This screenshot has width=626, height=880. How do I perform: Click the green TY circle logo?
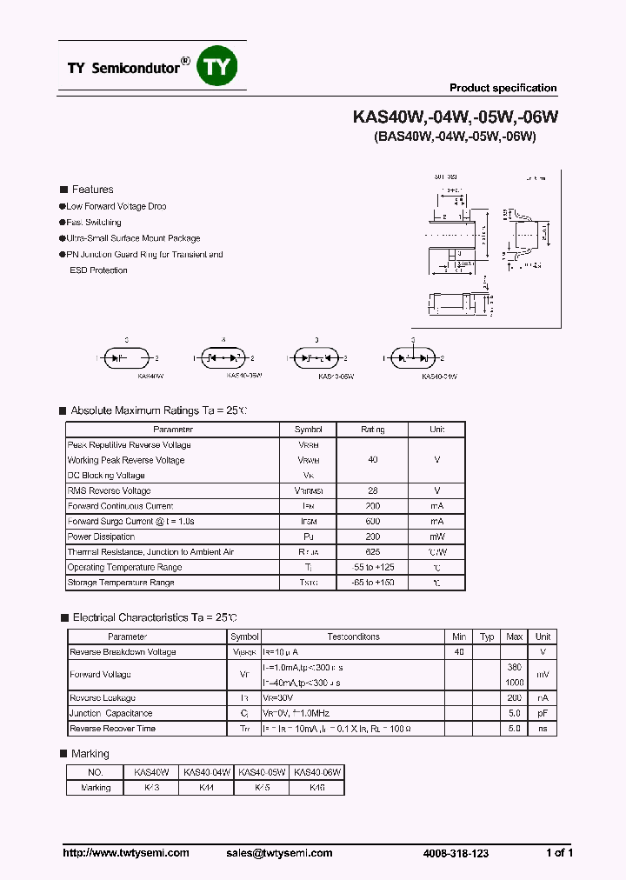(x=217, y=67)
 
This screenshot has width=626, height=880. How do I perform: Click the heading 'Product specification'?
(x=503, y=88)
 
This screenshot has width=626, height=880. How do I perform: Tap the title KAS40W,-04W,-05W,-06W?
(x=455, y=117)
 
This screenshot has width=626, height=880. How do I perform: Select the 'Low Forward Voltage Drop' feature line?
(x=116, y=207)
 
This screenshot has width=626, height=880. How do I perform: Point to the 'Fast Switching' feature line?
(x=93, y=223)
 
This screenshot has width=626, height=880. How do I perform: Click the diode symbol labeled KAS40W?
(x=127, y=357)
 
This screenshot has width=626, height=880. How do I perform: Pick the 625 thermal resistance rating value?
(x=373, y=552)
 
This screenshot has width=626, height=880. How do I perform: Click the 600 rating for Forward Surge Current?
(x=373, y=521)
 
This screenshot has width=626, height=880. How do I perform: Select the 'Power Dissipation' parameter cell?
(x=97, y=537)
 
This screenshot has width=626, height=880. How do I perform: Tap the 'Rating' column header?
(x=373, y=430)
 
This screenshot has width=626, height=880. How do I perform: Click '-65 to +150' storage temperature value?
(x=373, y=583)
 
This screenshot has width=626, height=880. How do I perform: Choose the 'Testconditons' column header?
(x=353, y=637)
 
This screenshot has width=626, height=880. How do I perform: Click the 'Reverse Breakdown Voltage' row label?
(x=123, y=652)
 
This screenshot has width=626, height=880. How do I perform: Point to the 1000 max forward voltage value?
(x=514, y=683)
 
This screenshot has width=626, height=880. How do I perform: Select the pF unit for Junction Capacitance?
(x=543, y=713)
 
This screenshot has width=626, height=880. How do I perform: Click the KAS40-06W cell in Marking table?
(x=317, y=772)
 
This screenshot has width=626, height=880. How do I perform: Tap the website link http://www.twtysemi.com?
(x=126, y=853)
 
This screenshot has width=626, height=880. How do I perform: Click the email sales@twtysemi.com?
(x=284, y=853)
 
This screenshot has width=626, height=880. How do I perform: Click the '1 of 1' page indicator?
(x=559, y=853)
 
